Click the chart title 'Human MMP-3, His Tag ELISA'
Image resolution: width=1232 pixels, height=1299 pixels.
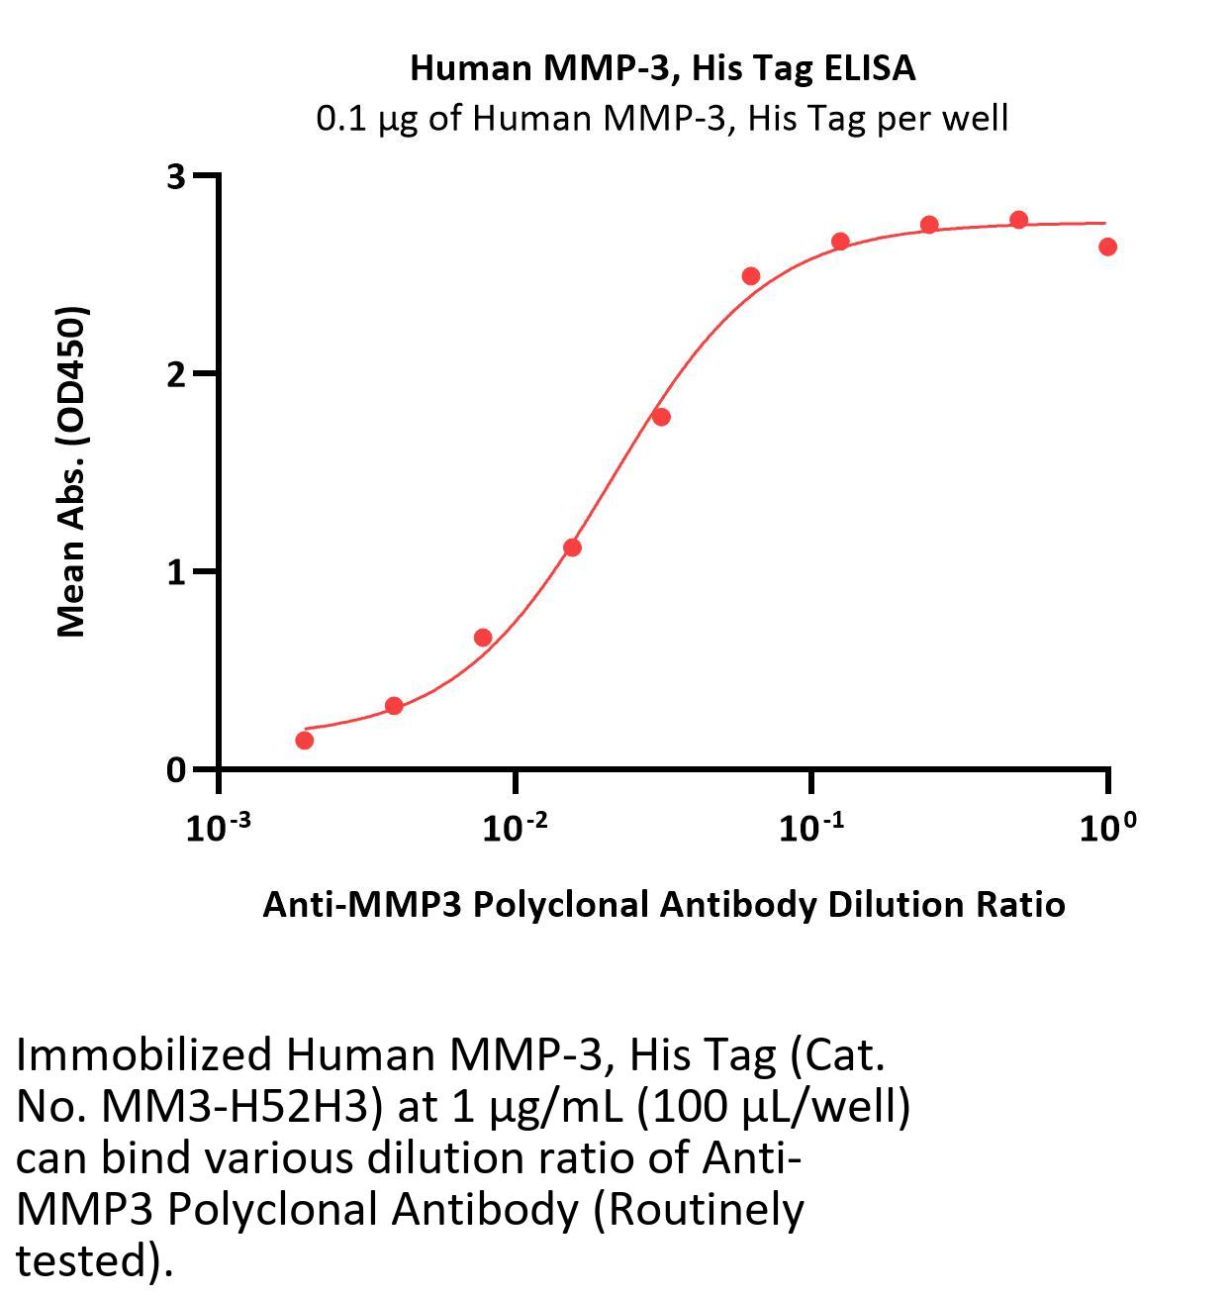click(x=662, y=68)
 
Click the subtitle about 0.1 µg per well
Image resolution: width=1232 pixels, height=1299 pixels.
click(x=662, y=119)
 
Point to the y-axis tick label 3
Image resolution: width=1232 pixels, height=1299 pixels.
click(x=176, y=176)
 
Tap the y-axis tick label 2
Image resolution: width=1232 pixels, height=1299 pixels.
click(x=176, y=374)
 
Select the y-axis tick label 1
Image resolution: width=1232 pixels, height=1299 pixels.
click(x=176, y=572)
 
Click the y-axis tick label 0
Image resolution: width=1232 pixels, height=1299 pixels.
click(x=176, y=770)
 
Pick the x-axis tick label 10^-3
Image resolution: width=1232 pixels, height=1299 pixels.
click(x=218, y=828)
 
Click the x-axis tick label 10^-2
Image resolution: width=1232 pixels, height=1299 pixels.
click(x=515, y=828)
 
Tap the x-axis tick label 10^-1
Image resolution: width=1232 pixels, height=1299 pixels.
click(x=810, y=828)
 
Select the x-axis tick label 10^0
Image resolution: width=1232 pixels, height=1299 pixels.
click(x=1107, y=828)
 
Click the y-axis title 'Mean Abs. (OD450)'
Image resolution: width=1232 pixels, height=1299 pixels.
click(x=72, y=471)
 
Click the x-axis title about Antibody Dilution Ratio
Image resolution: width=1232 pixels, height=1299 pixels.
click(x=663, y=904)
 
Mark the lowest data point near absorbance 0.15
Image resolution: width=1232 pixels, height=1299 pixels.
click(x=305, y=741)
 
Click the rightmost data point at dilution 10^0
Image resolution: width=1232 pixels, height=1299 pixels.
click(x=1107, y=247)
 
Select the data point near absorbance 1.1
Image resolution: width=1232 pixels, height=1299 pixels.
click(x=572, y=548)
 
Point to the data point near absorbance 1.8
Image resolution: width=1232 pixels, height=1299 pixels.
click(x=661, y=417)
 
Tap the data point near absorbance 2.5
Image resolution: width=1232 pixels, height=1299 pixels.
click(x=750, y=276)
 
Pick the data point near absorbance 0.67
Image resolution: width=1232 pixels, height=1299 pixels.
click(x=483, y=638)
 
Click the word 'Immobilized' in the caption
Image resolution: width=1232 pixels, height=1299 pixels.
click(x=142, y=1055)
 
